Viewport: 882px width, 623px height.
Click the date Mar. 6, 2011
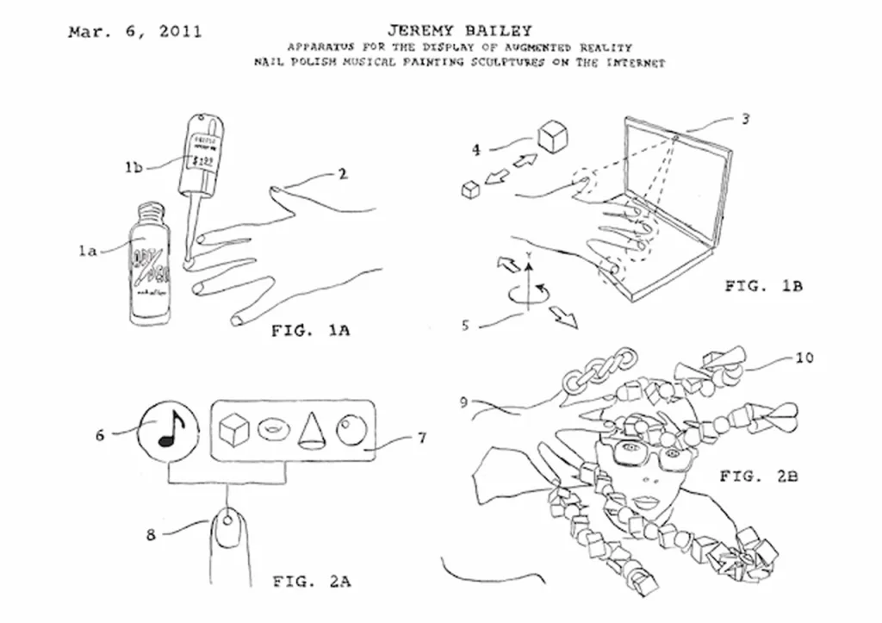pyautogui.click(x=135, y=33)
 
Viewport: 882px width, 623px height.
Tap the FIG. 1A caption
pyautogui.click(x=311, y=330)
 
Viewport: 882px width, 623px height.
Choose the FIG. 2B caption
pyautogui.click(x=759, y=475)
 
